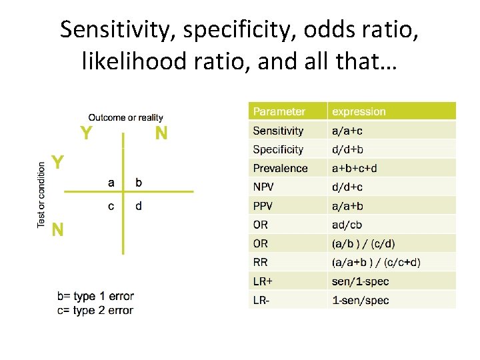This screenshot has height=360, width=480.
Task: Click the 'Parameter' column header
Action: pos(279,112)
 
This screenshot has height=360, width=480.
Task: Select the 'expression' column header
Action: pos(359,112)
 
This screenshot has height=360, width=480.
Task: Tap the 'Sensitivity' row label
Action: pos(278,131)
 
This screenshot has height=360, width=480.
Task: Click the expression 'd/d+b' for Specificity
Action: pos(348,150)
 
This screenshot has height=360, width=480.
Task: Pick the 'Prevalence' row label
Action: pos(280,169)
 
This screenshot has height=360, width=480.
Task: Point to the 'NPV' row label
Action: pos(263,187)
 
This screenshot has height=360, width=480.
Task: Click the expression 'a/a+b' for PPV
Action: pos(348,206)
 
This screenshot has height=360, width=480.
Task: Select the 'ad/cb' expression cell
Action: pos(347,225)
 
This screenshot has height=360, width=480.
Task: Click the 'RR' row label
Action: pos(260,262)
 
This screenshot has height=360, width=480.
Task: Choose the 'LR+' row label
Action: pos(262,281)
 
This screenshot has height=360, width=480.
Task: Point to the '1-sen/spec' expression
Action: pos(361,300)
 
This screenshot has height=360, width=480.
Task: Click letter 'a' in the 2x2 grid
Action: pos(111,181)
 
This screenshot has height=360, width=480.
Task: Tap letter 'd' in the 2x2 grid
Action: pos(138,205)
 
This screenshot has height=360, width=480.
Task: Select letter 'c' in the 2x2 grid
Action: pos(111,205)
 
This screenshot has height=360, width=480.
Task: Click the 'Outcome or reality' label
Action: pos(125,118)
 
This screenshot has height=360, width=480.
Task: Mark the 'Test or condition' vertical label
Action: pos(42,194)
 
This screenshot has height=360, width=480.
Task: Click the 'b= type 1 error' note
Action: pos(95,296)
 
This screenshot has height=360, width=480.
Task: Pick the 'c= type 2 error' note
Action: pos(95,310)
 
